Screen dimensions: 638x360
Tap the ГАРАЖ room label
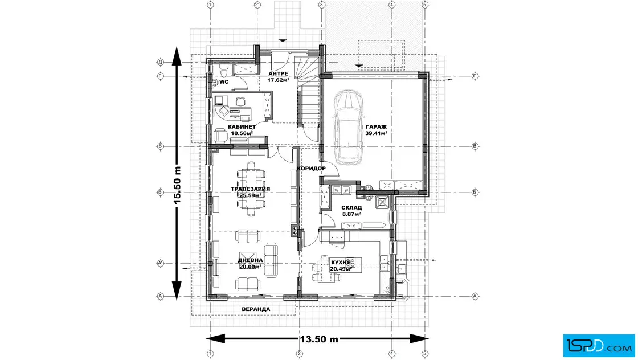pyautogui.click(x=376, y=126)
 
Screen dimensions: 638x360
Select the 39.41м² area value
pyautogui.click(x=376, y=133)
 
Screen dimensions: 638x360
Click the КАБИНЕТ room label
pyautogui.click(x=242, y=127)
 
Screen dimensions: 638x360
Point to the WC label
pyautogui.click(x=224, y=82)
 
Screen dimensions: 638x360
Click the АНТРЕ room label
pyautogui.click(x=279, y=73)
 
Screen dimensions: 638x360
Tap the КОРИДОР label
pyautogui.click(x=311, y=169)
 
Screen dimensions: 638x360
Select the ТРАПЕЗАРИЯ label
pyautogui.click(x=250, y=189)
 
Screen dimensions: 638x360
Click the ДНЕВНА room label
pyautogui.click(x=250, y=260)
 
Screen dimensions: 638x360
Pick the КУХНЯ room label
pyautogui.click(x=341, y=263)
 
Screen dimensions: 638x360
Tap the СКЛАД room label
pyautogui.click(x=351, y=207)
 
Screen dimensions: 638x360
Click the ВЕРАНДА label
pyautogui.click(x=256, y=309)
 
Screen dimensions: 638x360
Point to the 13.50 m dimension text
pyautogui.click(x=320, y=339)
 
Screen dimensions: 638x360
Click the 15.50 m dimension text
pyautogui.click(x=178, y=186)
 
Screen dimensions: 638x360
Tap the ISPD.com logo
pyautogui.click(x=599, y=346)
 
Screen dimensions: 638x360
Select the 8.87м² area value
pyautogui.click(x=351, y=214)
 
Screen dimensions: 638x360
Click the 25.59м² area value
pyautogui.click(x=250, y=195)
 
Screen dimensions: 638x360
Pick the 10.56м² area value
pyautogui.click(x=242, y=133)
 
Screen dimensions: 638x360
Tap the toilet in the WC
pyautogui.click(x=223, y=70)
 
